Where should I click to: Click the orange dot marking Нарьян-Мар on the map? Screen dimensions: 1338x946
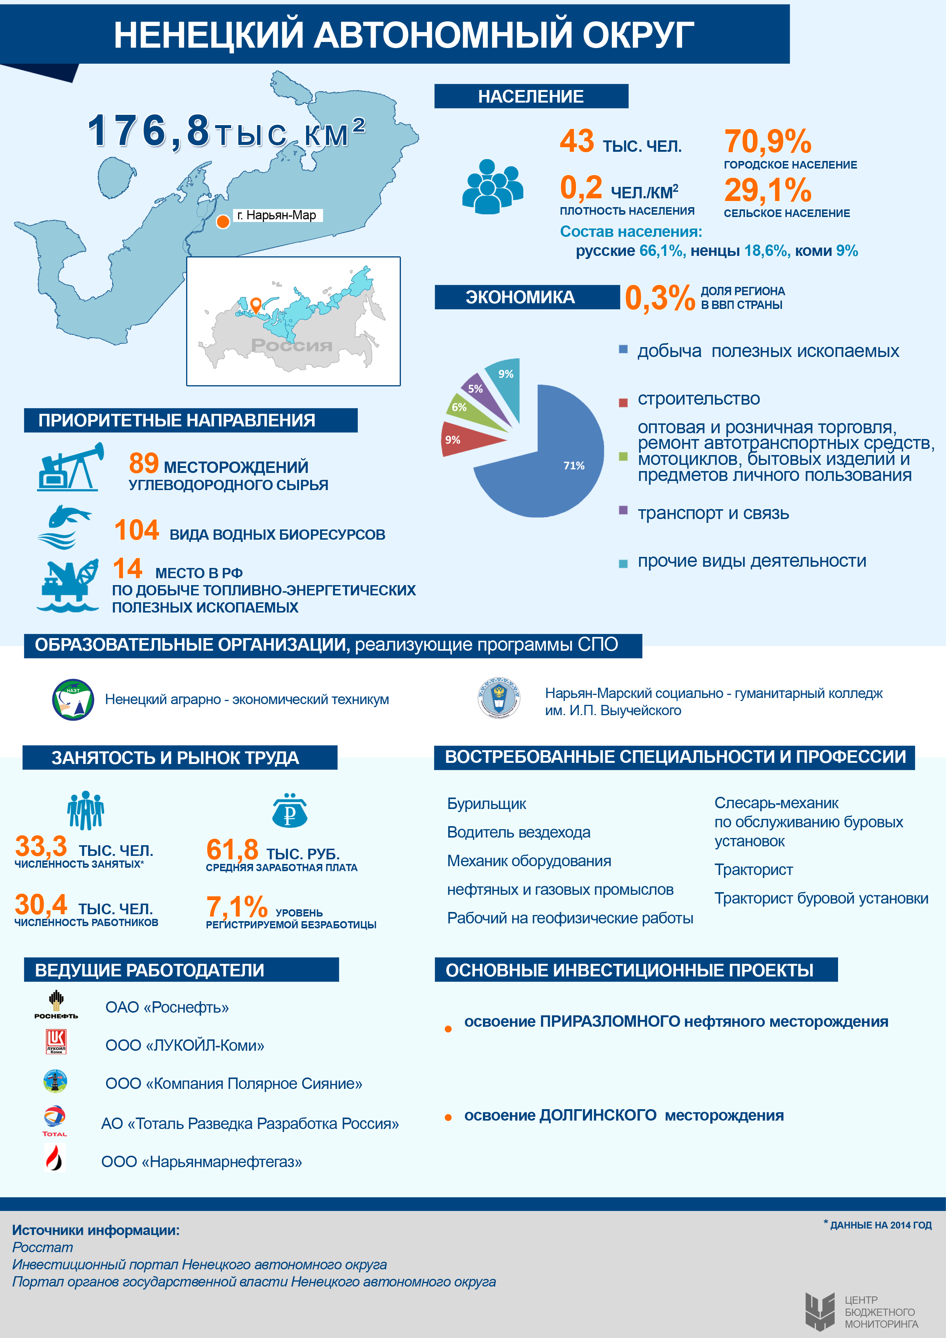click(223, 222)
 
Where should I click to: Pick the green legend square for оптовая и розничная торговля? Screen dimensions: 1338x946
click(623, 456)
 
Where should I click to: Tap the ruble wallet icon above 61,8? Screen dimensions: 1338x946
click(290, 811)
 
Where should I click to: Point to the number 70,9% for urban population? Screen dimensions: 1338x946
click(767, 142)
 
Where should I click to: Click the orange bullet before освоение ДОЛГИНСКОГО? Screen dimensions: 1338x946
click(448, 1117)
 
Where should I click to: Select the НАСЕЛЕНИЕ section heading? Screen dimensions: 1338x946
click(531, 96)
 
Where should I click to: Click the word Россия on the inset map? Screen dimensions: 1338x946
click(291, 345)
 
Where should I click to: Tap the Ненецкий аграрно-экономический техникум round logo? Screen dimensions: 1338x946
click(73, 699)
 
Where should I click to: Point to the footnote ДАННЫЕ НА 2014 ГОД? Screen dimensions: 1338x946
click(880, 1225)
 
